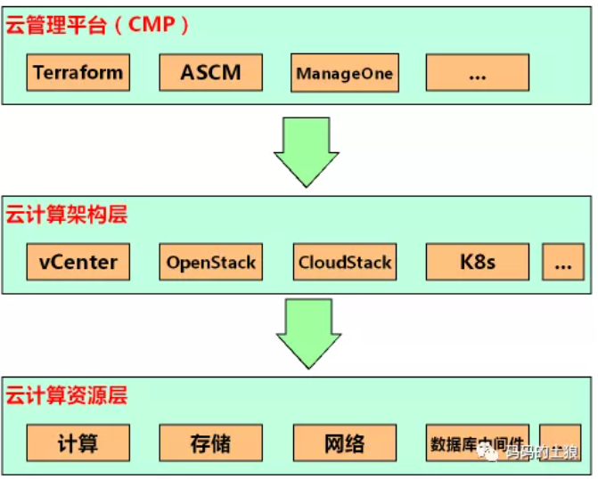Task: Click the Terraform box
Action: pos(78,72)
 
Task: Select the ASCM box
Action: pos(211,72)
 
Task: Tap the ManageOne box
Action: pos(344,72)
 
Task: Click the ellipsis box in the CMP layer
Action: pos(477,72)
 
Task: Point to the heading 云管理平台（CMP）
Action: pos(98,25)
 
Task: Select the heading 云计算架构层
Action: pos(68,215)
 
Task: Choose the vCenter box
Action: pos(78,262)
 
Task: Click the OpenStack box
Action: pos(211,262)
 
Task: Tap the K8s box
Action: pos(478,262)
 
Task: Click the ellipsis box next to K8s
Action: pos(562,262)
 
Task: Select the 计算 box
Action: pos(78,442)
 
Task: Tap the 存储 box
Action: pos(211,442)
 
